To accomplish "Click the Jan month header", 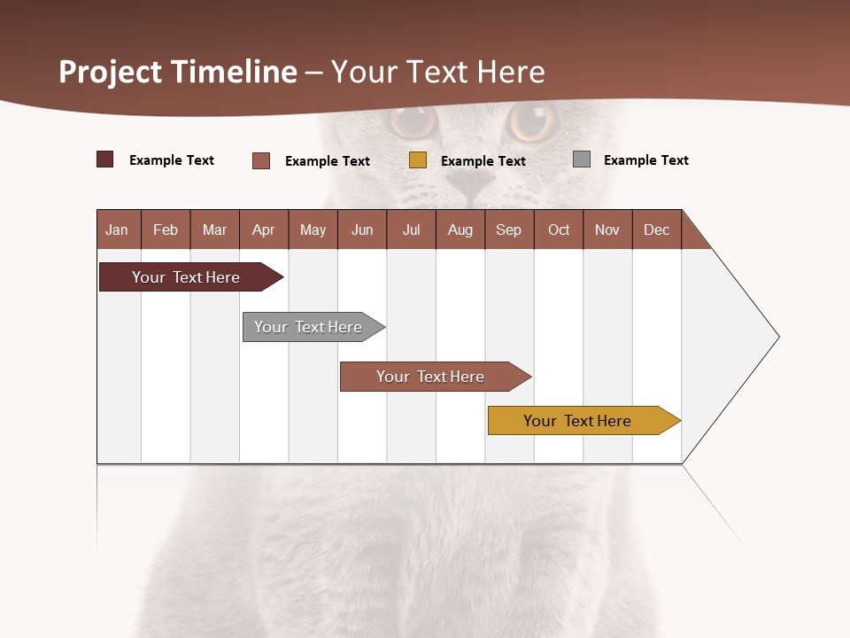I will pos(117,230).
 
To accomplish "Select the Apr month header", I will pos(263,230).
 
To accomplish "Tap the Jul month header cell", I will pos(411,230).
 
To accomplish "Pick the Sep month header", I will pos(508,230).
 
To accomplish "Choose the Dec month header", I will pos(656,230).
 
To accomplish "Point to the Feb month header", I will pos(166,230).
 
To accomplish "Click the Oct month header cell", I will pos(559,230).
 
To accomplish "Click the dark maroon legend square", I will pos(104,159).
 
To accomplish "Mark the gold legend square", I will pos(418,160).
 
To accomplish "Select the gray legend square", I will pos(582,159).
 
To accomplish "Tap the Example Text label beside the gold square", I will pos(483,161).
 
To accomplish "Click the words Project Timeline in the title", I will pos(177,72).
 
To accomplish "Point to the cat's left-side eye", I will pos(413,121).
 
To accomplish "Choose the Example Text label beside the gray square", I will pos(645,160).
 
